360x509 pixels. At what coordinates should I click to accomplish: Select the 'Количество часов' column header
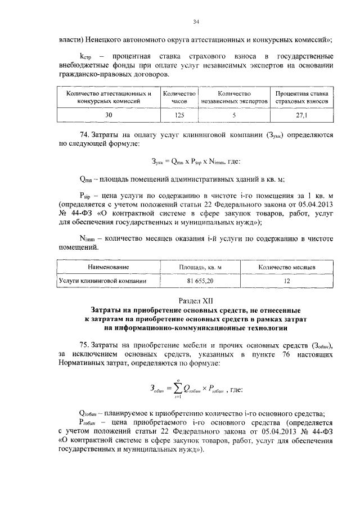[x=178, y=97]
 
